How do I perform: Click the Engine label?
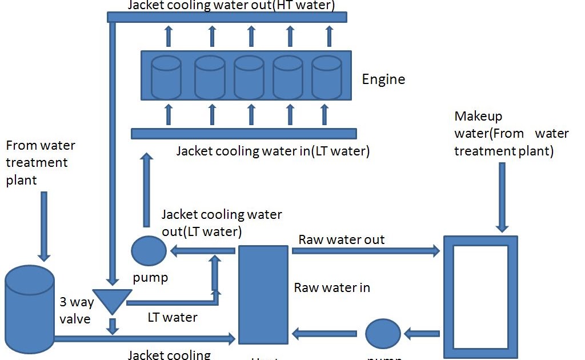(x=383, y=79)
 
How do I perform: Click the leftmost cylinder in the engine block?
(x=166, y=77)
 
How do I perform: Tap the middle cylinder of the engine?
(x=249, y=77)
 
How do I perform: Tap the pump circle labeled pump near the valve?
(x=149, y=250)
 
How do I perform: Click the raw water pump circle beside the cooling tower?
(x=383, y=333)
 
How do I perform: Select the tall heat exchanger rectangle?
(x=263, y=294)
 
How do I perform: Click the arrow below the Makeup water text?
(x=502, y=197)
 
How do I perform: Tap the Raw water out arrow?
(x=366, y=250)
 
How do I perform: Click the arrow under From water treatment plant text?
(x=44, y=226)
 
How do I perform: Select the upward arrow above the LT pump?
(x=147, y=189)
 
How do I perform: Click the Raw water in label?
(x=332, y=287)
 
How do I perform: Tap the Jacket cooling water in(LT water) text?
(x=273, y=151)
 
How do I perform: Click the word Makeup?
(x=478, y=117)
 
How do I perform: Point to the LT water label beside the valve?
(x=172, y=317)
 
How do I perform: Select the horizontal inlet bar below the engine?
(x=243, y=133)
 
